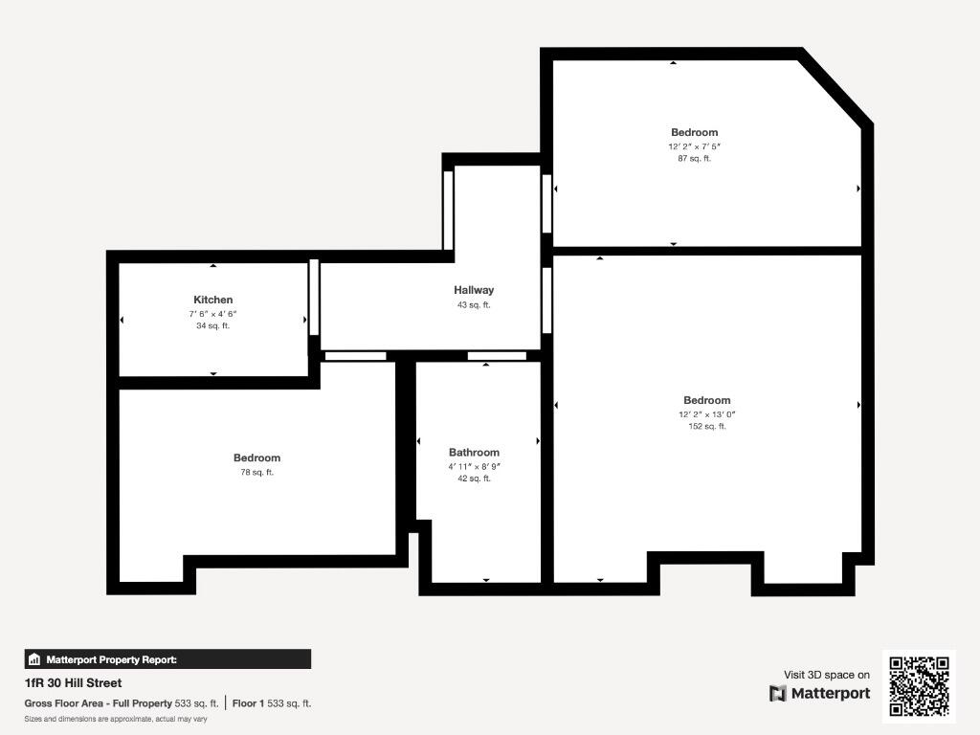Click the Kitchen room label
(x=212, y=300)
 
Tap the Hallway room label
(x=474, y=290)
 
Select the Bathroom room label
(x=474, y=453)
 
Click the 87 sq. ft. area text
(x=694, y=159)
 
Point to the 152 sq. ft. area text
(x=707, y=427)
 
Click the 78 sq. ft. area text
(x=256, y=473)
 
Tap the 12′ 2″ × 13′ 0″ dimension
(x=707, y=414)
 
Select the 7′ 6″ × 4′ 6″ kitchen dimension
(x=212, y=314)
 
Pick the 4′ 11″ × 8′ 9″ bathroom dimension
(x=474, y=466)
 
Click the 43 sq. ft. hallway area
(x=474, y=305)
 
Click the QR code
(x=919, y=685)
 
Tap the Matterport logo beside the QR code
(x=820, y=693)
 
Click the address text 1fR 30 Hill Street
(x=73, y=683)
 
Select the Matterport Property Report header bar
(x=167, y=659)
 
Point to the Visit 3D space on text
(x=827, y=675)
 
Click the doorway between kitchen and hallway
(x=313, y=296)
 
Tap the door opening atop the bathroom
(x=497, y=356)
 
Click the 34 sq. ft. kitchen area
(x=212, y=326)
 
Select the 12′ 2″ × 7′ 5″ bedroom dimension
(x=694, y=146)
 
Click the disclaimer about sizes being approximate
(x=116, y=719)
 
